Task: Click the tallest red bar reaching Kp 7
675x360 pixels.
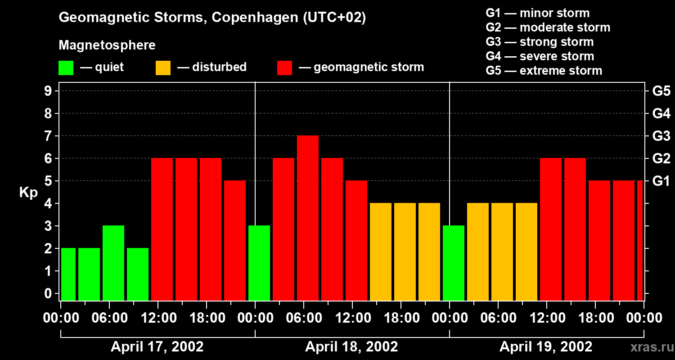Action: (308, 218)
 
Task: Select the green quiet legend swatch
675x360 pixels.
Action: (66, 68)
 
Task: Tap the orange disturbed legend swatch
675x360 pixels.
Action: (163, 68)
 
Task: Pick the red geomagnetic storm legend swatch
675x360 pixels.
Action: (284, 68)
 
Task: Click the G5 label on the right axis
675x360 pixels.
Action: (661, 91)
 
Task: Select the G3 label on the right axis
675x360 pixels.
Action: (661, 136)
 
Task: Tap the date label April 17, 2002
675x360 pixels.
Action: (157, 347)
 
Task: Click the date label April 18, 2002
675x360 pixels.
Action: (351, 347)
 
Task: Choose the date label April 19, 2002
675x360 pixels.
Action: (546, 347)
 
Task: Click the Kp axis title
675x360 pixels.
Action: (28, 193)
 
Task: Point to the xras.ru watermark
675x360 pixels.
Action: (648, 347)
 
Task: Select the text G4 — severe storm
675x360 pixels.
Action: (540, 56)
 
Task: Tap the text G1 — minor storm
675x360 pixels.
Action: (538, 13)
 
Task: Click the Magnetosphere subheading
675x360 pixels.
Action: (107, 45)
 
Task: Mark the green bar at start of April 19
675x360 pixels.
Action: (454, 263)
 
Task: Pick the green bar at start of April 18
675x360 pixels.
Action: (259, 263)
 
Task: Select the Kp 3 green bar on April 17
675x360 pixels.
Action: (113, 263)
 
